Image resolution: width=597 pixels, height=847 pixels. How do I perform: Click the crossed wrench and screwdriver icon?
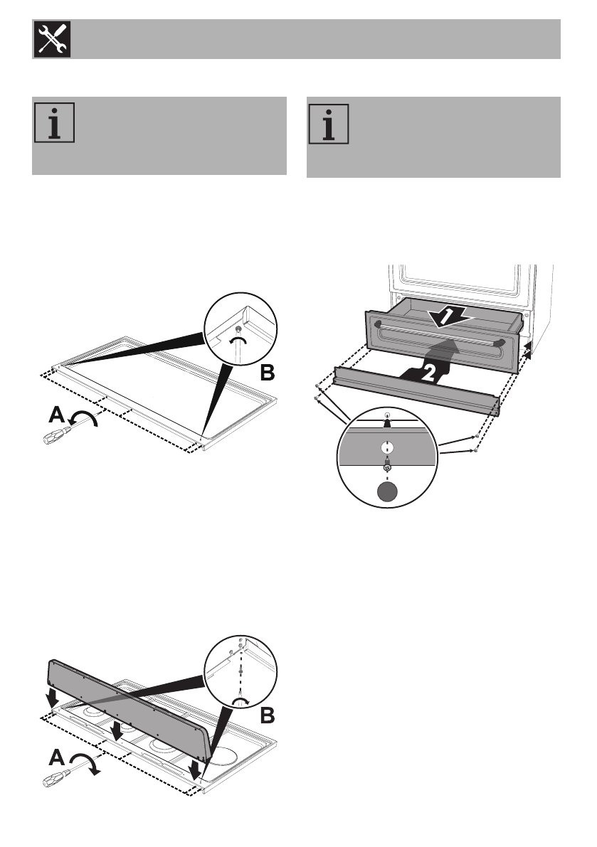(x=51, y=39)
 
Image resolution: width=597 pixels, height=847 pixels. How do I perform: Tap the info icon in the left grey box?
(x=54, y=124)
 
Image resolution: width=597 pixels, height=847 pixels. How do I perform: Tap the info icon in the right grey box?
(x=329, y=124)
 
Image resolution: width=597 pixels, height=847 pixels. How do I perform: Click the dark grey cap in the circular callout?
(x=386, y=492)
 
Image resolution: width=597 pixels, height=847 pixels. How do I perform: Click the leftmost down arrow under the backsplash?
(x=53, y=699)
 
